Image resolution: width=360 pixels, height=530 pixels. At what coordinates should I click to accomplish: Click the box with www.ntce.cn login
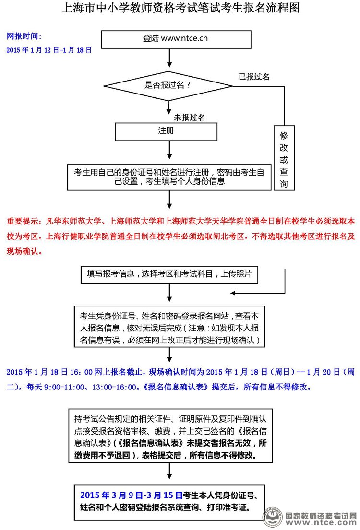[x=176, y=39]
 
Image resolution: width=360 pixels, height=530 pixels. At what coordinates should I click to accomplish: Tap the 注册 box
[x=166, y=131]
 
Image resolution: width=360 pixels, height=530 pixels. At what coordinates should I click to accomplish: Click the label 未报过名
[x=189, y=118]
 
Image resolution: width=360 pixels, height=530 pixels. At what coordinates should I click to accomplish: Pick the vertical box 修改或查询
[x=284, y=158]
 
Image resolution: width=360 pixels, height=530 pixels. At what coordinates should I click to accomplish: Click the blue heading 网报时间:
[x=24, y=36]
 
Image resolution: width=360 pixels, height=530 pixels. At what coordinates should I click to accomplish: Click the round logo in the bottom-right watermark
[x=273, y=518]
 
